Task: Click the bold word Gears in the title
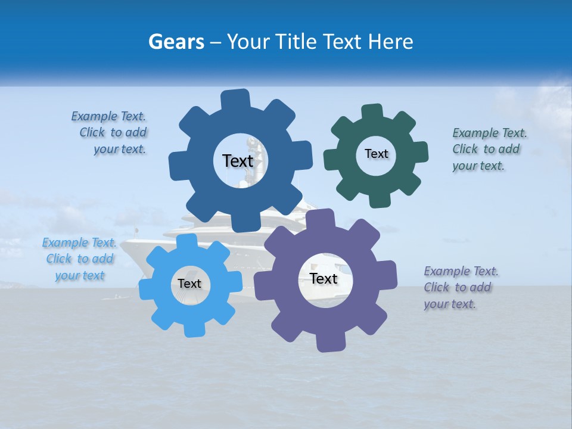point(176,42)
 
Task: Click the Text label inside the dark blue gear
point(238,161)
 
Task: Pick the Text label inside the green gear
point(376,154)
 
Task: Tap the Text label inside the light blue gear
point(189,284)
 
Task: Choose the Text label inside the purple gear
point(324,279)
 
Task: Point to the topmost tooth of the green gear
point(372,112)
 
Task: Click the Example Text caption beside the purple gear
point(460,287)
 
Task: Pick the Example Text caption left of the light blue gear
point(79,259)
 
